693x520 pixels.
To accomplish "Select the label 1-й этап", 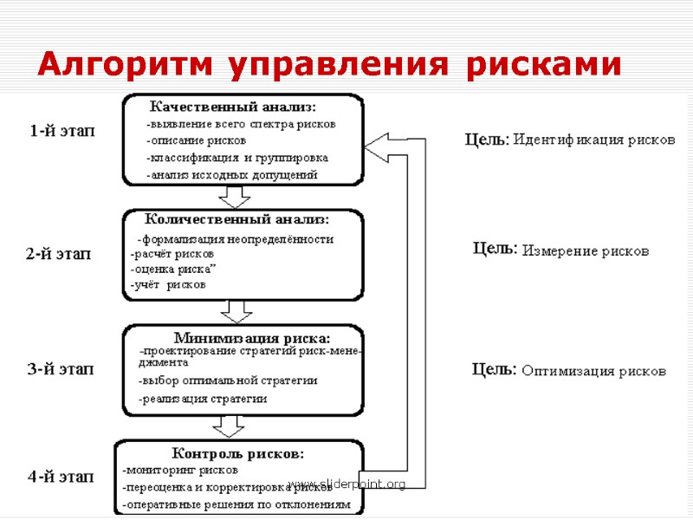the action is click(x=62, y=131).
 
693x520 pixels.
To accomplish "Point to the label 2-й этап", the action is click(x=58, y=254).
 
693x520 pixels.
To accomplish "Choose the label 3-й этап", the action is click(x=61, y=369).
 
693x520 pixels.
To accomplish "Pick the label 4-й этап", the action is click(x=61, y=476).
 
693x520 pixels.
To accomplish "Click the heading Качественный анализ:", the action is click(x=234, y=107).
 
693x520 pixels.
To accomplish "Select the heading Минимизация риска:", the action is click(x=252, y=337).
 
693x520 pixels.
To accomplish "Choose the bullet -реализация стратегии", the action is click(x=203, y=400).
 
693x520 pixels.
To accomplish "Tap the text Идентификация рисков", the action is click(x=593, y=139).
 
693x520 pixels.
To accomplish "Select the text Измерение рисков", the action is click(x=586, y=251).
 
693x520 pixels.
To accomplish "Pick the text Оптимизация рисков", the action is click(x=593, y=371).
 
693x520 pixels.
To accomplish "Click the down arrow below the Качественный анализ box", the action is click(x=234, y=198).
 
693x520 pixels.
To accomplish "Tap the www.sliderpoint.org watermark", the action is click(x=346, y=484).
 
